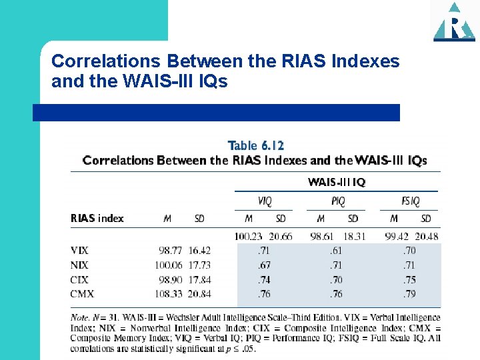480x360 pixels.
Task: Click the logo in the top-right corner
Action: coord(454,22)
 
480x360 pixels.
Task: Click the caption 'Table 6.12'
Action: coord(255,146)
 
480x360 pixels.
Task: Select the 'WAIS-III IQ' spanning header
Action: coord(337,182)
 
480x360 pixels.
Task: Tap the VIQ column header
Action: coord(265,201)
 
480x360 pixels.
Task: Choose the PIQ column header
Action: coord(338,201)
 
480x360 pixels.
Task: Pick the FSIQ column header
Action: coord(409,201)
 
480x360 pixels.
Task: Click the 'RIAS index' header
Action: coord(97,218)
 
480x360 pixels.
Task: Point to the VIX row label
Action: coord(79,251)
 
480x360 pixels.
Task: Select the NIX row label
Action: coord(79,265)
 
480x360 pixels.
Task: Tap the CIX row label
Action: coord(79,279)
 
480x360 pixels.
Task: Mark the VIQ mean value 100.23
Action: coord(249,236)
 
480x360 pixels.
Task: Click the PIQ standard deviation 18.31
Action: coord(354,236)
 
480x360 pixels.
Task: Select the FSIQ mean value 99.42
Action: coord(394,236)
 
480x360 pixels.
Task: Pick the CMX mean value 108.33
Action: coord(169,294)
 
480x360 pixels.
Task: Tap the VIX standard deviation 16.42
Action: coord(199,251)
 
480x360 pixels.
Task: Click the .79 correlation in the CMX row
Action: coord(409,294)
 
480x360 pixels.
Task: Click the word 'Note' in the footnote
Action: coord(79,318)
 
